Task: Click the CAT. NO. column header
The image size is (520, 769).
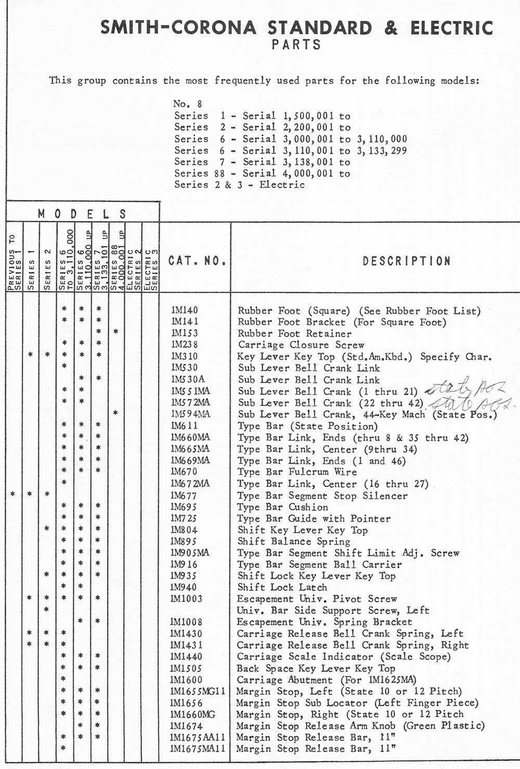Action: pyautogui.click(x=197, y=260)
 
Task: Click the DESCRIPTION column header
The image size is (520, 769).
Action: pyautogui.click(x=406, y=260)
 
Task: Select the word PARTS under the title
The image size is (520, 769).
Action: pyautogui.click(x=296, y=45)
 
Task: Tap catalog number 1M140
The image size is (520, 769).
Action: pyautogui.click(x=185, y=310)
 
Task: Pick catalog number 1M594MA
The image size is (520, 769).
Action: pyautogui.click(x=191, y=414)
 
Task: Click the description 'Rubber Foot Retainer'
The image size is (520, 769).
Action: pyautogui.click(x=294, y=334)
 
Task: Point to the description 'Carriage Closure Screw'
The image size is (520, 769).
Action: pyautogui.click(x=301, y=344)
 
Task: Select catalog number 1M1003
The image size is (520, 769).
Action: pyautogui.click(x=187, y=599)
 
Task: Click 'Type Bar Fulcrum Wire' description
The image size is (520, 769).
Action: pyautogui.click(x=297, y=472)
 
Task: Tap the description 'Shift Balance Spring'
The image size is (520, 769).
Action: pyautogui.click(x=293, y=541)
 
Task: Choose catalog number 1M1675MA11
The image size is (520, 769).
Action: pyautogui.click(x=198, y=749)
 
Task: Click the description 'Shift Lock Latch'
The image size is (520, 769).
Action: pyautogui.click(x=282, y=587)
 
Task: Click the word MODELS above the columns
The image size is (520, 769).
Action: pyautogui.click(x=82, y=214)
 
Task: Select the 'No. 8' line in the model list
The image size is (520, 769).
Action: pyautogui.click(x=188, y=104)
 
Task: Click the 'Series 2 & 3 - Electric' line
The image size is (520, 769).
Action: pyautogui.click(x=239, y=185)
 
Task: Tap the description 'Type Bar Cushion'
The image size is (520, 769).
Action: pyautogui.click(x=282, y=507)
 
